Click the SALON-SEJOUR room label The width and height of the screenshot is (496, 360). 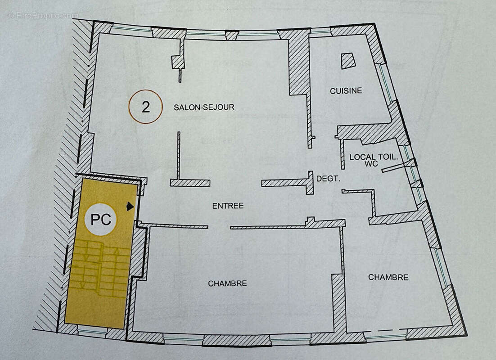(x=204, y=108)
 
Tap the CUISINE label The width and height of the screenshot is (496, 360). (x=346, y=91)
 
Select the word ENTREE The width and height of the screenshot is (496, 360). (x=228, y=206)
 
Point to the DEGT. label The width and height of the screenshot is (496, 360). (x=328, y=179)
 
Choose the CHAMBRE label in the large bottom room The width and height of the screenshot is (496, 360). (x=227, y=283)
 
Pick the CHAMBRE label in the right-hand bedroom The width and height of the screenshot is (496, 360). (x=388, y=277)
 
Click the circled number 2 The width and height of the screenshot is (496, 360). (x=145, y=107)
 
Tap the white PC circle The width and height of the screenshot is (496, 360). (x=101, y=220)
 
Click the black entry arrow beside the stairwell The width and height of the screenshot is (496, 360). (x=131, y=207)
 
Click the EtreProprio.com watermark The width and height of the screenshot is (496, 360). (x=43, y=16)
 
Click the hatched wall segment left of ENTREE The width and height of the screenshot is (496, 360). (x=190, y=183)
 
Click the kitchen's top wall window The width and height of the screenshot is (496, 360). (x=320, y=32)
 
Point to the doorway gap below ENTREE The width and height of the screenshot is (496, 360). (x=220, y=227)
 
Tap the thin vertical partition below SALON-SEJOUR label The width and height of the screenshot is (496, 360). (x=179, y=155)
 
